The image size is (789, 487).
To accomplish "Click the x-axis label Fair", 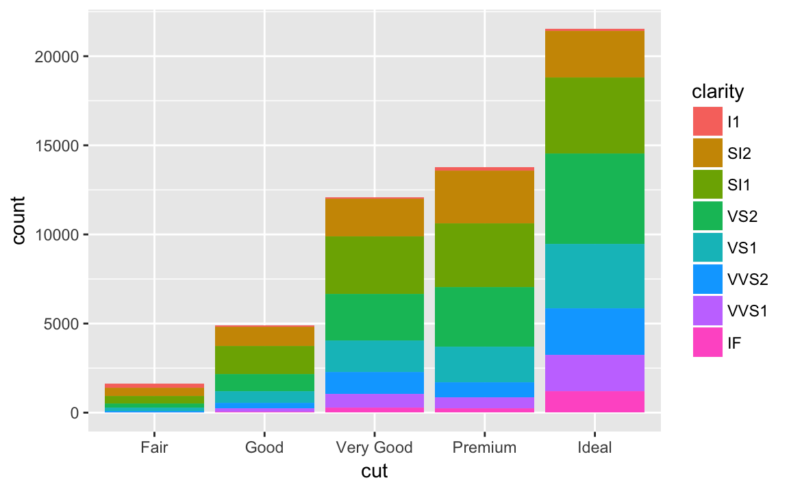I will click(154, 448).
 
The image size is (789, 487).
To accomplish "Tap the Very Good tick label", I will click(375, 448).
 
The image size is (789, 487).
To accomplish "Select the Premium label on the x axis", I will click(484, 448).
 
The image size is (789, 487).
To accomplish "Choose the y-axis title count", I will click(18, 221).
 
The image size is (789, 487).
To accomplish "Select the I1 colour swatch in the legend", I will click(707, 122).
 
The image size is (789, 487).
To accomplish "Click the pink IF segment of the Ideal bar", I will click(594, 402).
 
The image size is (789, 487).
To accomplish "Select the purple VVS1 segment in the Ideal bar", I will click(594, 373).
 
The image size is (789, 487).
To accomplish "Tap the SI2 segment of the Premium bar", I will click(484, 197).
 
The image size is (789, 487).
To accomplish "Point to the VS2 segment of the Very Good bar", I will click(375, 317).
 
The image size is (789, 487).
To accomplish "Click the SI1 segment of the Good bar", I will click(264, 360).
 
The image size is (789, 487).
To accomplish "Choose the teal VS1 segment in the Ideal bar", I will click(594, 276).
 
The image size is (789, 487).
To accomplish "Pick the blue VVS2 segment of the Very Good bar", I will click(375, 383).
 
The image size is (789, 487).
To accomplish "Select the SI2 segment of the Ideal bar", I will click(594, 55).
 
